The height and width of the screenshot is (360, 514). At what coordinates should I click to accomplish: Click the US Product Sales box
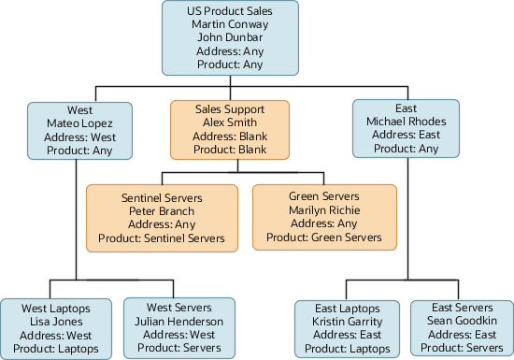tap(230, 37)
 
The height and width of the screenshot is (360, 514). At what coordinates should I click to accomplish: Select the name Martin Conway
tap(230, 23)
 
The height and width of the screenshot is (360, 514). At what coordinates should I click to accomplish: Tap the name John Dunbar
tap(230, 37)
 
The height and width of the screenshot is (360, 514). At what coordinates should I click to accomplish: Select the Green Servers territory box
tap(324, 217)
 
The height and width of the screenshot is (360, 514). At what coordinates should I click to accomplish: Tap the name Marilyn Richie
tap(324, 210)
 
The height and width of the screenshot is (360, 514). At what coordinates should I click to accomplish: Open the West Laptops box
tap(57, 326)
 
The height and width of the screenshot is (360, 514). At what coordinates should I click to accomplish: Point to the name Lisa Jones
tap(57, 320)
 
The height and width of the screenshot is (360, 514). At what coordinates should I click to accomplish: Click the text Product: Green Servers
tap(324, 238)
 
